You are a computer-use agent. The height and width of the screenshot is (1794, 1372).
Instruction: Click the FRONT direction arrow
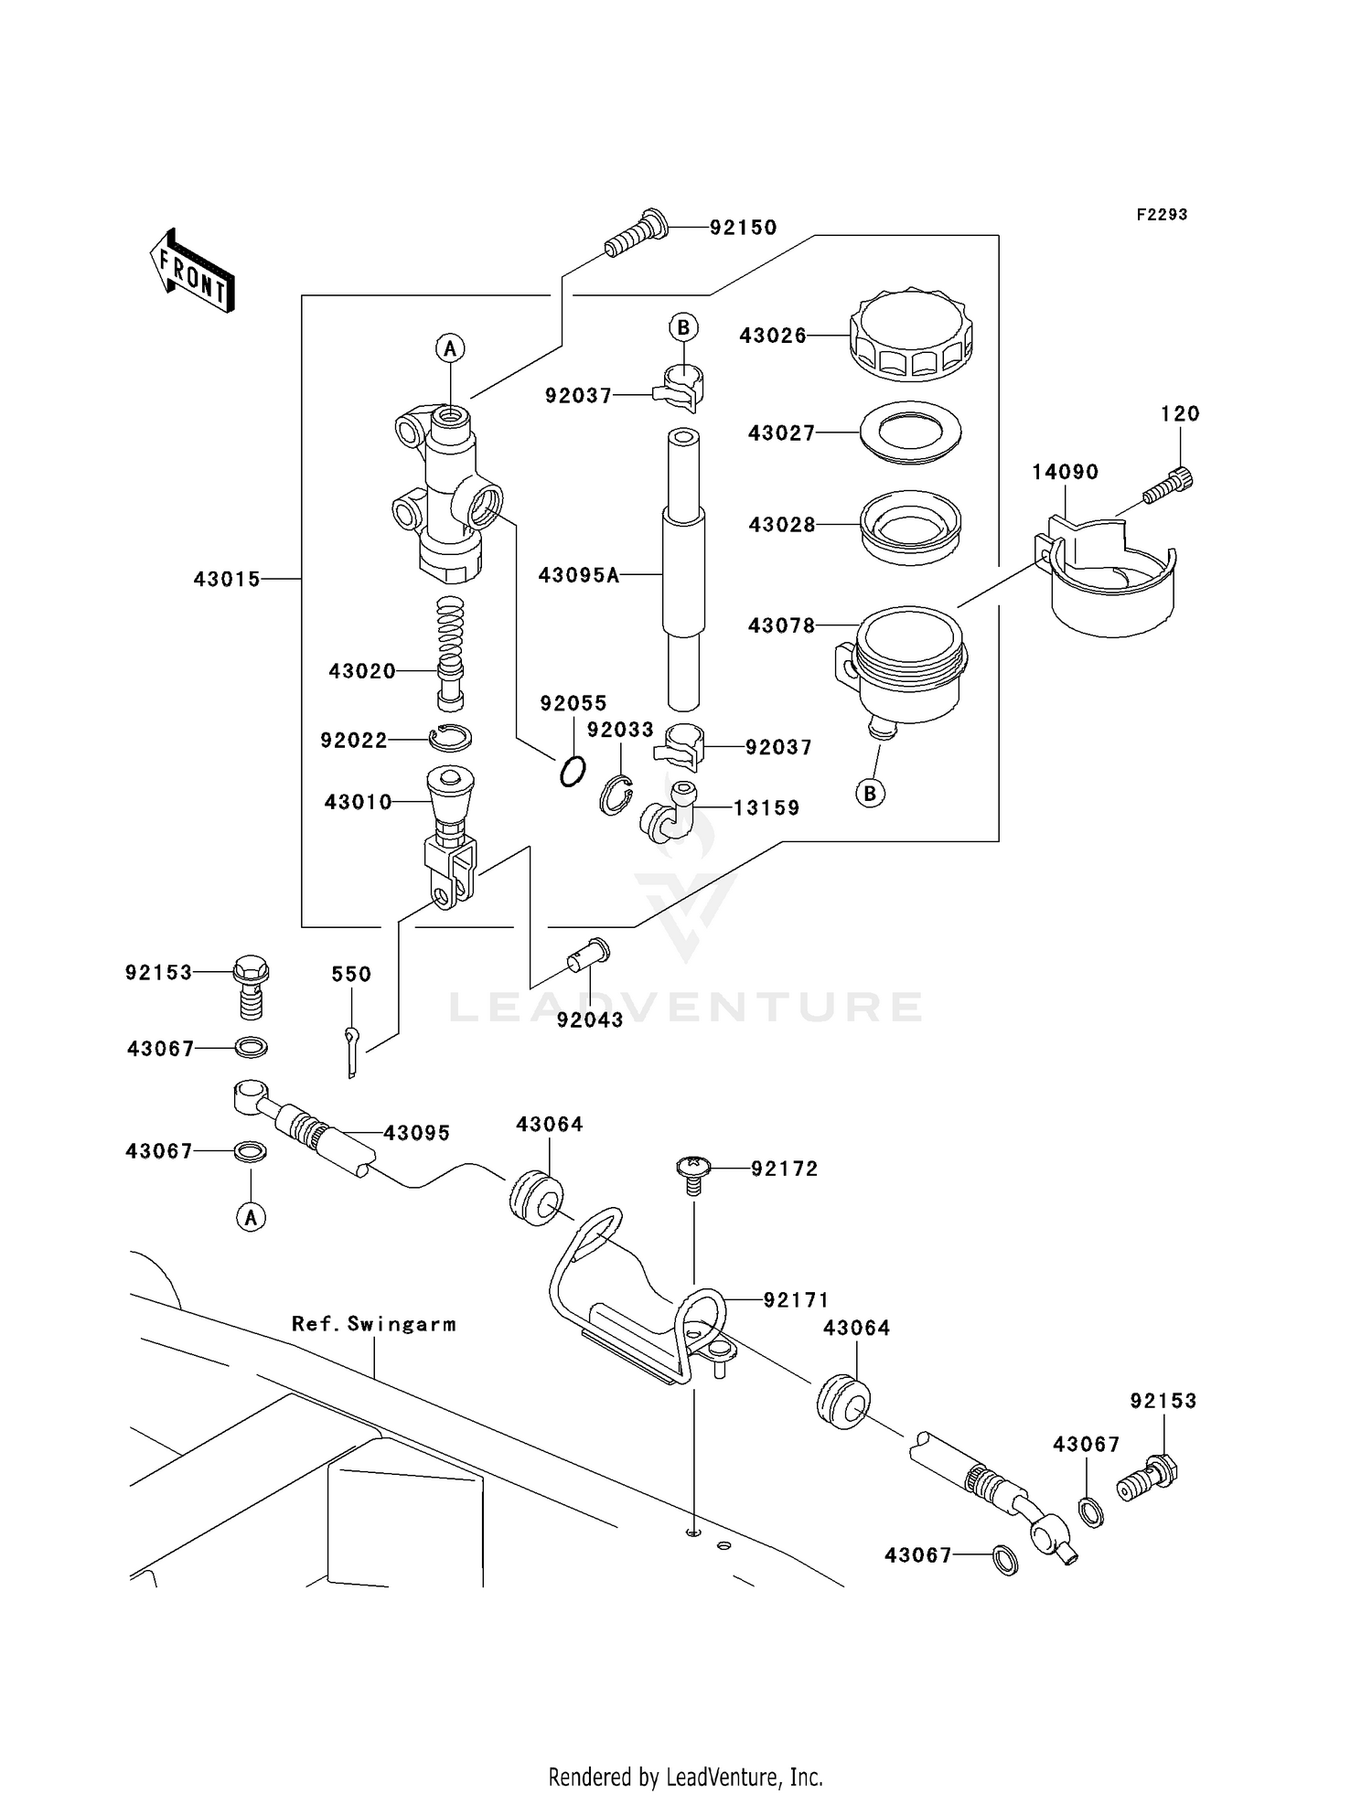click(x=192, y=271)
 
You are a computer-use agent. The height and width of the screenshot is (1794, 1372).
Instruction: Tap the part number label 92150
click(x=743, y=228)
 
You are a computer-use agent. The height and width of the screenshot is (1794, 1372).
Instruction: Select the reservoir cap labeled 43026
click(x=910, y=336)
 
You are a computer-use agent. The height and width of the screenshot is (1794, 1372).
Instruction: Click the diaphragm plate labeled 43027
click(x=910, y=432)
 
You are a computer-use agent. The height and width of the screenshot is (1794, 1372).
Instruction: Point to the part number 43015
click(x=227, y=579)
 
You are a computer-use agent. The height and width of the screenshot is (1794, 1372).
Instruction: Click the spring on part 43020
click(x=450, y=631)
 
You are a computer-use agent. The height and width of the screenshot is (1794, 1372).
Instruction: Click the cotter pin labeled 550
click(x=353, y=1050)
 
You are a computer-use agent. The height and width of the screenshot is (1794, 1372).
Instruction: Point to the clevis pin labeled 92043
click(x=588, y=956)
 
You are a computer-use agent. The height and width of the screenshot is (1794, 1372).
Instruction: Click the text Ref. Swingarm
click(x=373, y=1324)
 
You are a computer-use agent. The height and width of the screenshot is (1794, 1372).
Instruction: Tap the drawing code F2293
click(x=1162, y=215)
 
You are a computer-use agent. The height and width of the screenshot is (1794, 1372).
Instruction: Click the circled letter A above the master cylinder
click(x=449, y=348)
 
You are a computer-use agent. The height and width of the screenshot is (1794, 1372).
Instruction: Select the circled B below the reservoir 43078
click(x=870, y=793)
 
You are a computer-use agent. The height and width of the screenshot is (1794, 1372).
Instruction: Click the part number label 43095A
click(x=579, y=575)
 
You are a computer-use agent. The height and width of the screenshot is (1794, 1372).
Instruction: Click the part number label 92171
click(x=796, y=1299)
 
